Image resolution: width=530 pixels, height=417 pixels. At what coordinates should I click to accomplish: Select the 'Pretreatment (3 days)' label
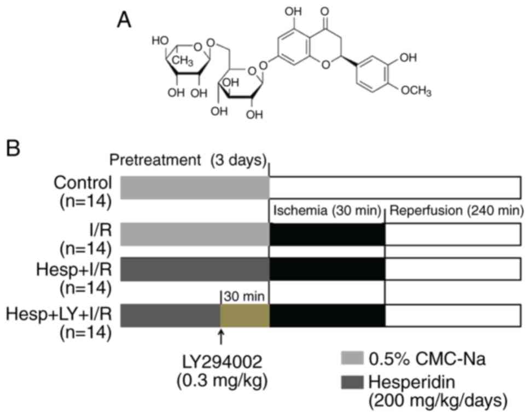point(189,161)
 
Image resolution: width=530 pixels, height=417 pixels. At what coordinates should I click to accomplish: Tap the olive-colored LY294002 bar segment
point(244,316)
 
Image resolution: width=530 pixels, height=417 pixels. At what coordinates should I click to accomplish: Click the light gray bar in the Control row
point(194,187)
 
